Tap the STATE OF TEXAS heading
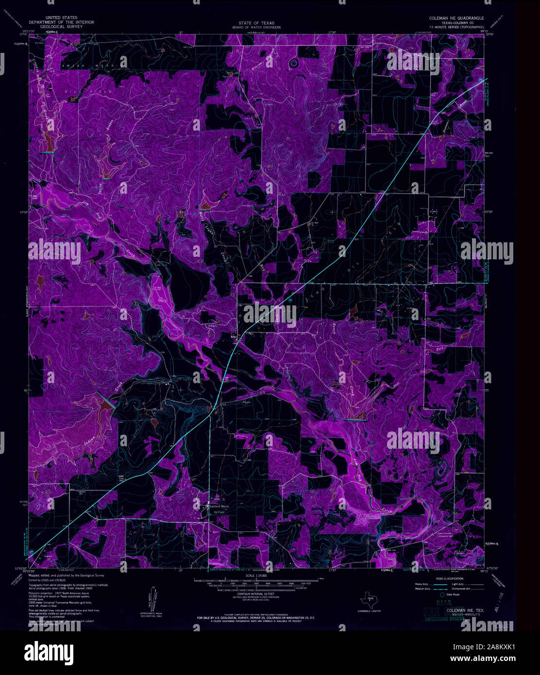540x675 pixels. [x=256, y=23]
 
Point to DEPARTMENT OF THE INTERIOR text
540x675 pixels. [x=61, y=22]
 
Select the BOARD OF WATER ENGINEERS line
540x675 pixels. [x=256, y=27]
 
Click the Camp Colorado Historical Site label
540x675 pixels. [x=441, y=535]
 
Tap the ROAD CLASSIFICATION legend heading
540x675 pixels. [x=449, y=579]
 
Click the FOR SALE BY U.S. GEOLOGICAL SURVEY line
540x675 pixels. [x=256, y=617]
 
